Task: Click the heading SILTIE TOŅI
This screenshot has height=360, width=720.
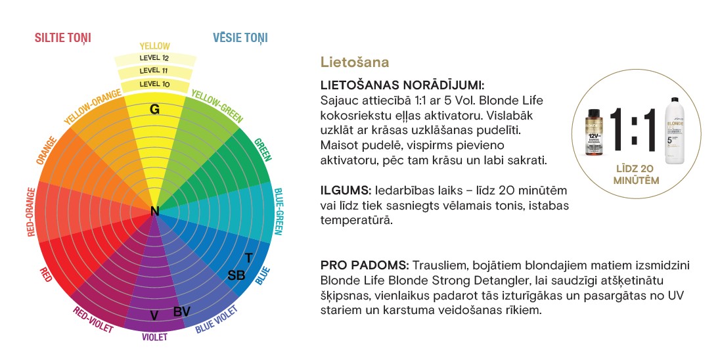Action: point(62,38)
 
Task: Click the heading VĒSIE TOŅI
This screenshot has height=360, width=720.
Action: point(240,38)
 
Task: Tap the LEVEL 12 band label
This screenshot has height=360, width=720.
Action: point(154,58)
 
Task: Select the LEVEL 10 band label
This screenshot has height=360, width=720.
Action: point(154,84)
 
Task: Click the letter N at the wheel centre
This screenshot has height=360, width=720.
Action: point(155,211)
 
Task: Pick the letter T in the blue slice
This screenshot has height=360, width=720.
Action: point(248,258)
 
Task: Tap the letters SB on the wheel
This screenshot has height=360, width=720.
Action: point(236,275)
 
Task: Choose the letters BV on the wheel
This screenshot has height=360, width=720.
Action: point(182,311)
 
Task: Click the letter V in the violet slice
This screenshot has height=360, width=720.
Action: point(154,315)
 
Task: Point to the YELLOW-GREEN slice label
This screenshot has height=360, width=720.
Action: point(216,106)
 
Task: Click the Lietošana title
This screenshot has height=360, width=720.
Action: point(355,62)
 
